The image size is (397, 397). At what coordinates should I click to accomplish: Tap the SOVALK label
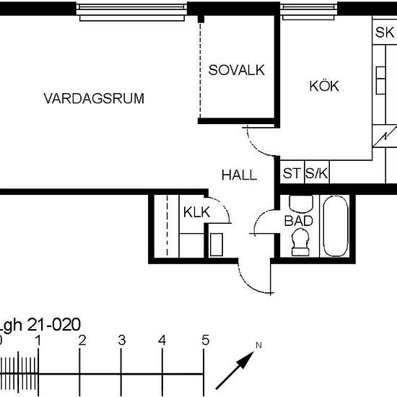(x=237, y=70)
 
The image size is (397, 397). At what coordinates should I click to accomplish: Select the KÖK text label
(x=324, y=86)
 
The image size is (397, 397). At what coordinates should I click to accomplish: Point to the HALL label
(x=239, y=175)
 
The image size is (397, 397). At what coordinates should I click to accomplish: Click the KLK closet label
(x=196, y=212)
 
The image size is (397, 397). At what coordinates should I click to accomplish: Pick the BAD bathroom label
(x=298, y=220)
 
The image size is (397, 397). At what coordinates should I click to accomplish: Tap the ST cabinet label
(x=292, y=173)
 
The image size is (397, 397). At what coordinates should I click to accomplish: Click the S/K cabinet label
(x=316, y=173)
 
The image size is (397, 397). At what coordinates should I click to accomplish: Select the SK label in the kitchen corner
(x=384, y=33)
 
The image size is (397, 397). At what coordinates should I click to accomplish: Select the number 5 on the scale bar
(x=206, y=341)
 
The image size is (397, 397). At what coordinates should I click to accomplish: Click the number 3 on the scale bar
(x=122, y=341)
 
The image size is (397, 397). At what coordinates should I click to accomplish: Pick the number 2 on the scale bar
(x=82, y=341)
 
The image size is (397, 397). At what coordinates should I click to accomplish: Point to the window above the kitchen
(x=310, y=8)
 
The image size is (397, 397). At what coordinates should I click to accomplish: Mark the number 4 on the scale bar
(x=162, y=341)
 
